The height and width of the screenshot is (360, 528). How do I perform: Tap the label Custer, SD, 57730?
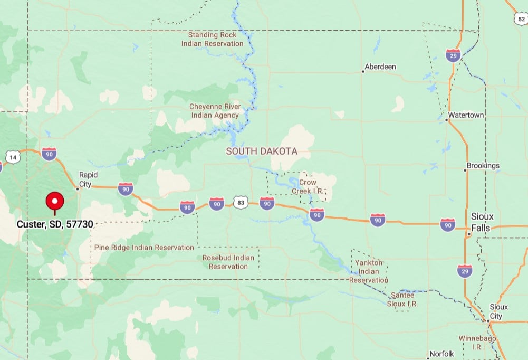tap(55, 224)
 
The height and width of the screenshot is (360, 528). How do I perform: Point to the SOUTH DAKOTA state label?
tap(262, 151)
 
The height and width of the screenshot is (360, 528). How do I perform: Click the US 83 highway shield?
tap(241, 203)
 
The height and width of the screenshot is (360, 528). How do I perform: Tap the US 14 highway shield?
tap(13, 157)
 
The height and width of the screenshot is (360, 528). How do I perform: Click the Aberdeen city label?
tap(380, 67)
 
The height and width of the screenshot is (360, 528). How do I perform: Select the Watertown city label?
tap(465, 115)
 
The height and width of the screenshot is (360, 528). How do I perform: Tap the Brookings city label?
tap(482, 166)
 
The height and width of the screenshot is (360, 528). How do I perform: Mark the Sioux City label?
tap(498, 311)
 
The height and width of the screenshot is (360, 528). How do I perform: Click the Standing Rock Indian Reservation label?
tap(213, 39)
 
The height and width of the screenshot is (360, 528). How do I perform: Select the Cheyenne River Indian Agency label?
tap(215, 111)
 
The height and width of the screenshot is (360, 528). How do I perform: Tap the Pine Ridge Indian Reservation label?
tap(144, 247)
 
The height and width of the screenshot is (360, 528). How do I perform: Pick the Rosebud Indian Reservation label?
tap(228, 262)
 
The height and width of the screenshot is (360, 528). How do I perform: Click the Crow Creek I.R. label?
tap(308, 186)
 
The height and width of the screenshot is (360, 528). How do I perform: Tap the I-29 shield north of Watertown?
tap(453, 55)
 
